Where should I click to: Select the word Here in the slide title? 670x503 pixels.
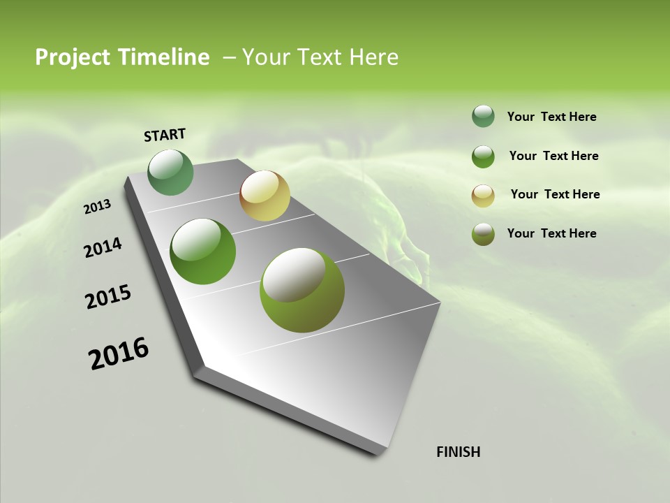pos(373,57)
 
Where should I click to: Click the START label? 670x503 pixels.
pos(165,135)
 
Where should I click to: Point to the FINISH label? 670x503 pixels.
pos(459,452)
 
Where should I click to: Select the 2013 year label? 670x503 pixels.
pos(97,207)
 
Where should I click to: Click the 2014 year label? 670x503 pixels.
pos(103,248)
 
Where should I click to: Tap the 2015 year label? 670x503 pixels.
pos(108,297)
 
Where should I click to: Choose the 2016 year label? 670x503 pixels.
pos(119,353)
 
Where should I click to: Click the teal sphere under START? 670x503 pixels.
pos(171,173)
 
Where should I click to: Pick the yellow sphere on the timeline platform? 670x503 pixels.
pos(265,196)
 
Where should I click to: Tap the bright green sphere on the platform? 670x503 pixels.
pos(203,251)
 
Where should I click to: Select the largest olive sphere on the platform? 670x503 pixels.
pos(302,290)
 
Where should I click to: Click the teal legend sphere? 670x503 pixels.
pos(483,117)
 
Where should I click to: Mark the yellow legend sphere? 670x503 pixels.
pos(483,195)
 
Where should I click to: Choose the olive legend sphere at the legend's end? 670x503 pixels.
pos(483,234)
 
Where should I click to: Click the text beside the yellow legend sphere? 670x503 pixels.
pos(555,194)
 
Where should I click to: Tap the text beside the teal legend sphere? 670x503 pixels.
pos(551,117)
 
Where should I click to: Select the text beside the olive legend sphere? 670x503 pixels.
pos(551,233)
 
